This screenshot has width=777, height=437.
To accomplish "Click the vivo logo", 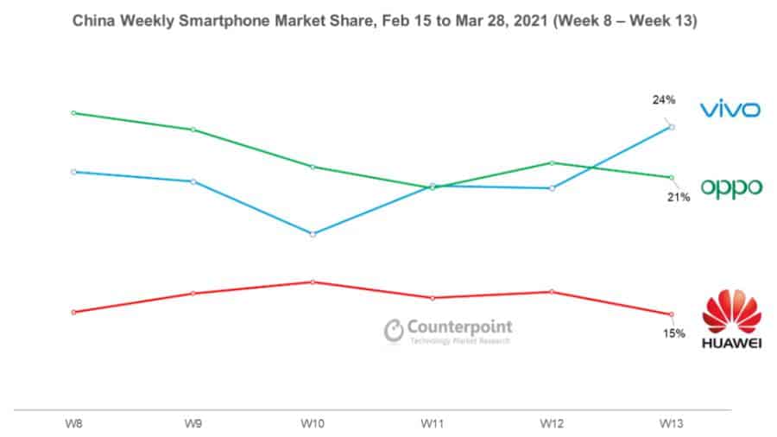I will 730,110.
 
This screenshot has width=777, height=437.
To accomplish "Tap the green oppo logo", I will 730,187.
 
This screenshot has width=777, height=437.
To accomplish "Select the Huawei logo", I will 730,321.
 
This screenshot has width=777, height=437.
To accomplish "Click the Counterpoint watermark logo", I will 448,330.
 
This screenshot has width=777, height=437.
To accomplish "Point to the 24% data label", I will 663,100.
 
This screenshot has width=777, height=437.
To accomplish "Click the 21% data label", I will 678,198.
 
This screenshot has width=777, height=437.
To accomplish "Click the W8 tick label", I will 73,424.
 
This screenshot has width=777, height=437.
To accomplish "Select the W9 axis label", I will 193,424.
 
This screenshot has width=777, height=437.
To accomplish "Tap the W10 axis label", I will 313,424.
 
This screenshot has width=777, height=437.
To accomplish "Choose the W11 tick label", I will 432,424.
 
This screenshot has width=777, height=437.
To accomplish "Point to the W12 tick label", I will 552,424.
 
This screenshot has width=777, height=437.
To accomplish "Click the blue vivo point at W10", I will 313,234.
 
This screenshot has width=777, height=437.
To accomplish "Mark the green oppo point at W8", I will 73,112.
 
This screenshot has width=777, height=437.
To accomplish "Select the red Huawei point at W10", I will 313,282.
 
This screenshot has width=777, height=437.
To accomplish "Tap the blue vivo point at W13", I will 672,127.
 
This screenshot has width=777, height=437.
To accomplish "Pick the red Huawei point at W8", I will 73,312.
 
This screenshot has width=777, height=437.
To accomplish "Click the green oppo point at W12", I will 552,162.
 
